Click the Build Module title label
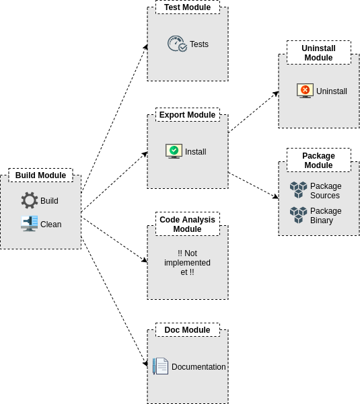tap(41, 175)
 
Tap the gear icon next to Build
tap(30, 200)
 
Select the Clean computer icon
tap(30, 223)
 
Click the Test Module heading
tap(188, 7)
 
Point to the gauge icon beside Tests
tap(177, 44)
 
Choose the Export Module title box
tap(188, 115)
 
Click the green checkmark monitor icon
tap(174, 151)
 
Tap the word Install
tap(195, 152)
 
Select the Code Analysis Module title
tap(188, 224)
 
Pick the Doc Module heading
tap(188, 330)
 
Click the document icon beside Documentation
tap(160, 366)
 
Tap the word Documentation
tap(199, 366)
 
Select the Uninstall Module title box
tap(319, 52)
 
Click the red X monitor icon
tap(305, 91)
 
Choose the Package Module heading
tap(319, 160)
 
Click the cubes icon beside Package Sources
tap(298, 190)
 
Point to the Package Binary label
tap(326, 216)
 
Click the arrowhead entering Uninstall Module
tap(276, 93)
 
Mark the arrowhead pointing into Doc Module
tap(145, 364)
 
